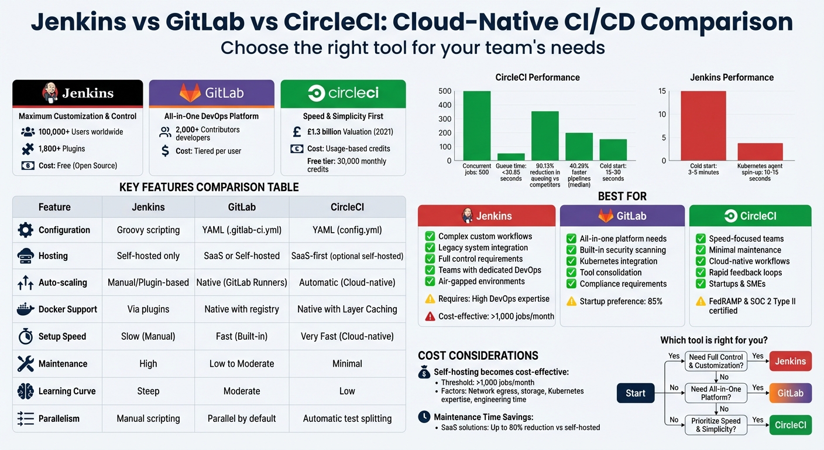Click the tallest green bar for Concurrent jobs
tap(477, 125)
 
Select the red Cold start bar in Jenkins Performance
tap(703, 125)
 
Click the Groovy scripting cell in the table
tap(148, 230)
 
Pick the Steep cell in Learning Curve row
tap(148, 391)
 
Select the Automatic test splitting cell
tap(347, 419)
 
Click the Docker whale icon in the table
tap(26, 309)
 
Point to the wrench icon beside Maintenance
tap(26, 364)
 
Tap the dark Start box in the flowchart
tap(636, 393)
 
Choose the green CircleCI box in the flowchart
tap(790, 425)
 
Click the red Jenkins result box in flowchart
tap(790, 362)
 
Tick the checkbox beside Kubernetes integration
tap(571, 261)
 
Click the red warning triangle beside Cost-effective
tap(430, 316)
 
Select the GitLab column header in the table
tap(242, 207)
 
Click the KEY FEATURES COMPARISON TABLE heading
tap(209, 187)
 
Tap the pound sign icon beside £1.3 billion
tap(297, 132)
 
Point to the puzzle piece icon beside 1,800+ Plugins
tap(28, 149)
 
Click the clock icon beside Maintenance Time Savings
tap(424, 417)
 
